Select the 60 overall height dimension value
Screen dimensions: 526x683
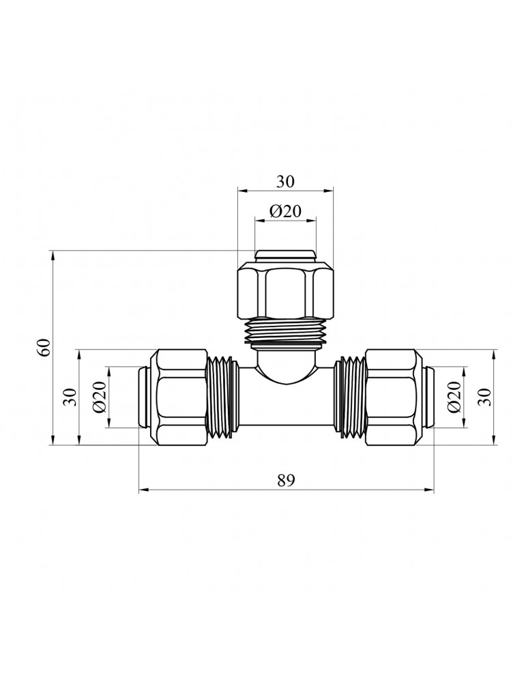click(x=45, y=347)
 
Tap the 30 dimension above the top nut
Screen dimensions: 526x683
click(x=285, y=181)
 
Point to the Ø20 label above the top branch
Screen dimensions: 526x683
click(x=285, y=211)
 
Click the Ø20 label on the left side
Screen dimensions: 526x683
click(x=99, y=397)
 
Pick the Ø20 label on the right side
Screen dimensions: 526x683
click(x=454, y=397)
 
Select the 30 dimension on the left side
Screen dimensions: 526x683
click(x=72, y=397)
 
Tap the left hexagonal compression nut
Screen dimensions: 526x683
click(x=178, y=397)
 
